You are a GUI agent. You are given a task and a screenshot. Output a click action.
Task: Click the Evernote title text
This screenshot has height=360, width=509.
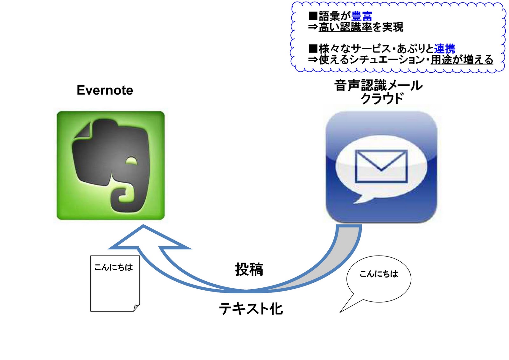pyautogui.click(x=105, y=90)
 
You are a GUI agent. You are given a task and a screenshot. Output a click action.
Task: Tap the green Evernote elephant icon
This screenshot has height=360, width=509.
pyautogui.click(x=110, y=165)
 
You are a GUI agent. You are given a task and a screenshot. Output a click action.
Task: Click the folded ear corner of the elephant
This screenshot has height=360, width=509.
pyautogui.click(x=83, y=131)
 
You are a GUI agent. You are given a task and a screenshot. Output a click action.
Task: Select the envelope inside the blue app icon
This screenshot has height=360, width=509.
pyautogui.click(x=381, y=166)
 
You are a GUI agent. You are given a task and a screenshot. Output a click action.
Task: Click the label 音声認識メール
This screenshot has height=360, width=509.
pyautogui.click(x=378, y=85)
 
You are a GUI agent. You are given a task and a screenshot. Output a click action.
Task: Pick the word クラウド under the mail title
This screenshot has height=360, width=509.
pyautogui.click(x=382, y=99)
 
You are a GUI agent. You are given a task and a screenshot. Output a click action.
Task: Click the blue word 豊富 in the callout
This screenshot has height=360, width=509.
pyautogui.click(x=362, y=16)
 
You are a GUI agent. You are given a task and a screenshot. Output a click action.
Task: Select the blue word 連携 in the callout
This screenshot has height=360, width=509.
pyautogui.click(x=445, y=49)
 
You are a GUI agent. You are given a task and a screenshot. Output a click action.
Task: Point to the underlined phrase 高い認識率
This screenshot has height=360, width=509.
pyautogui.click(x=345, y=27)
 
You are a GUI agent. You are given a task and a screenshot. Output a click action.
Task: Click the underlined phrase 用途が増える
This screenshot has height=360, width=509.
pyautogui.click(x=462, y=60)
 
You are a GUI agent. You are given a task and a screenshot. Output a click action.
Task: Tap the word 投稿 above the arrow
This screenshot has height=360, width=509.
pyautogui.click(x=249, y=269)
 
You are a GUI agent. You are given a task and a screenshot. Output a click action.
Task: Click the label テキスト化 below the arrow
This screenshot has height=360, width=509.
pyautogui.click(x=251, y=309)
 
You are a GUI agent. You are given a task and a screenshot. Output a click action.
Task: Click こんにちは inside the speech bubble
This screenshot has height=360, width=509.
pyautogui.click(x=379, y=274)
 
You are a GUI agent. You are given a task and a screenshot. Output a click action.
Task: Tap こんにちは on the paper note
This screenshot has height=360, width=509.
pyautogui.click(x=114, y=267)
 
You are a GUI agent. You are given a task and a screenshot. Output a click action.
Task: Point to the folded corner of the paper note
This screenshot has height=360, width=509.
pyautogui.click(x=136, y=307)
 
